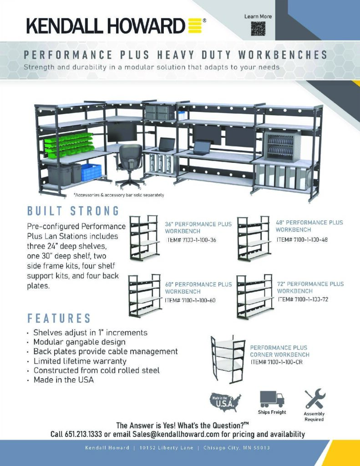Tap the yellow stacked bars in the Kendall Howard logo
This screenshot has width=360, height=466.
(x=194, y=25)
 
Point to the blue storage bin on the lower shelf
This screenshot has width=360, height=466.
(x=91, y=172)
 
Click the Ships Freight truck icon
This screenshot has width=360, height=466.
(x=272, y=399)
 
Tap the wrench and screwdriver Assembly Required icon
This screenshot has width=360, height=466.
(x=314, y=399)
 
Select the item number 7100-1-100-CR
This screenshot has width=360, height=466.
(x=277, y=362)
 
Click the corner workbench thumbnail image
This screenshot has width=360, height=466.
(x=228, y=360)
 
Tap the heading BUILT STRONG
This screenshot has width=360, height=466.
(x=73, y=211)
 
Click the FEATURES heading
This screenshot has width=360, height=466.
(x=59, y=318)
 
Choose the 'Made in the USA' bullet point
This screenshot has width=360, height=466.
(x=63, y=380)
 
